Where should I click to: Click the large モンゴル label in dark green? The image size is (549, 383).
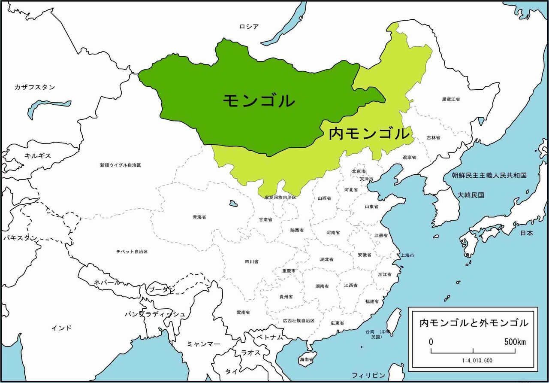pos(259,100)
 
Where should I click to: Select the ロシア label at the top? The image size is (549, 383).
pos(249,27)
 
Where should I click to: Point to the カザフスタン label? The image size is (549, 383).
pos(35,87)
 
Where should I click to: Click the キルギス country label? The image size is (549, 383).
pos(38,155)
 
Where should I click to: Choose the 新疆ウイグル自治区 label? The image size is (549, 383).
pos(121,165)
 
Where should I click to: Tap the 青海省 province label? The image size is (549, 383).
pos(199,217)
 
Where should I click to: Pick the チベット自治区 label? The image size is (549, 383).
pos(132,251)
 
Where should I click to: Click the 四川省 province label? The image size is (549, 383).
pos(251,261)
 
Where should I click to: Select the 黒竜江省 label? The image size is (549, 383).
pos(451,99)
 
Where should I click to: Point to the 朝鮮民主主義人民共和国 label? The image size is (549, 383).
pos(489,175)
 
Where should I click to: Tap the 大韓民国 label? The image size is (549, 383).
pos(471,195)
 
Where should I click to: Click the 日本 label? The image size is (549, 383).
pos(527,233)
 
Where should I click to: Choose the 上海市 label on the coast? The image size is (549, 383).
pos(407,255)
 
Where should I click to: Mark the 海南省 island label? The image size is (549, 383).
pos(306,359)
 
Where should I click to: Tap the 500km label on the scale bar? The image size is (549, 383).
pos(515,342)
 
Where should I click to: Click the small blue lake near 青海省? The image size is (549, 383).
pos(233,203)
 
